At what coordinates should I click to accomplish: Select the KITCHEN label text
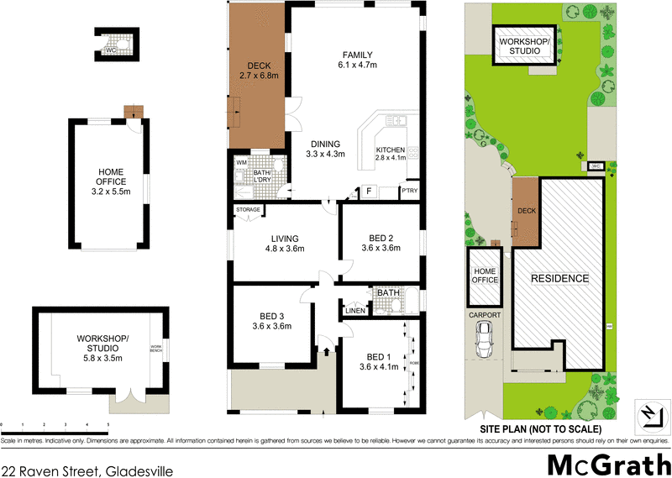click(391, 150)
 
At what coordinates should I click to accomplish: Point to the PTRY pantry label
click(412, 192)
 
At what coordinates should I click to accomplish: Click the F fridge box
click(368, 192)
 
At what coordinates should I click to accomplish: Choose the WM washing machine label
click(240, 162)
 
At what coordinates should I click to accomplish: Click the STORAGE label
click(249, 209)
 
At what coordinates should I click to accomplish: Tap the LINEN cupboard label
click(354, 312)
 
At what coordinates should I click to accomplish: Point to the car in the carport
click(485, 339)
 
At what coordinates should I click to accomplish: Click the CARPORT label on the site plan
click(485, 315)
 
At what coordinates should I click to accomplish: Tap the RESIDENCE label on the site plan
click(559, 278)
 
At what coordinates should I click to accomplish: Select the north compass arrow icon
click(648, 413)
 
